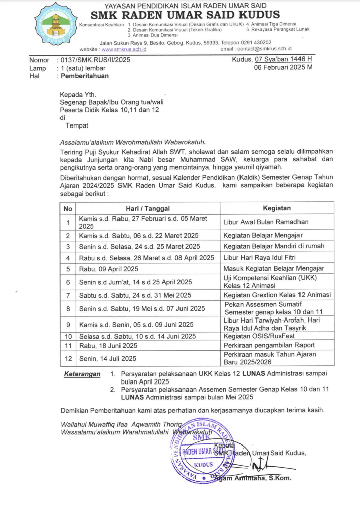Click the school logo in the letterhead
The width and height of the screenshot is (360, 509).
pos(55,23)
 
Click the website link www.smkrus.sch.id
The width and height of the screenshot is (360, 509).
pos(124,50)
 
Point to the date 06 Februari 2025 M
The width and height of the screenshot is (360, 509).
pos(283,67)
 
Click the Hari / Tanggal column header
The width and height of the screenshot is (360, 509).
pos(147,208)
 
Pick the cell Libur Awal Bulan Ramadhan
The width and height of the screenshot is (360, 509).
pos(266,222)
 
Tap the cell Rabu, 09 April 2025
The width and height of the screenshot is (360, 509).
pos(108,269)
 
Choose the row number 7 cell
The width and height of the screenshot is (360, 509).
pos(68,295)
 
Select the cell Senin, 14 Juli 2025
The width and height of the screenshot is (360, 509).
pos(107,359)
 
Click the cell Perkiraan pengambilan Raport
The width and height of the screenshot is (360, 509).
pos(269,345)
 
